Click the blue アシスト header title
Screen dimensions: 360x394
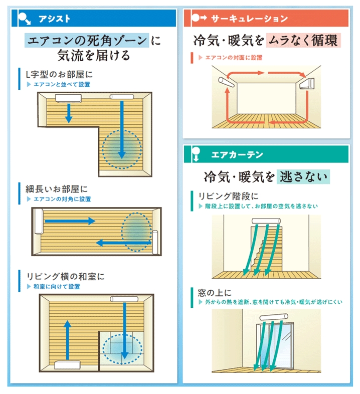pos(54,19)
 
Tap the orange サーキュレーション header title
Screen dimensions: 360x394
pos(249,19)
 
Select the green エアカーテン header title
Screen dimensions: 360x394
pos(237,154)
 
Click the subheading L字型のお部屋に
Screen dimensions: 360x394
pos(59,74)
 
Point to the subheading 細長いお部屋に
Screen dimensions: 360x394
pos(57,189)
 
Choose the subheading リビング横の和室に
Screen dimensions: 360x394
pos(65,276)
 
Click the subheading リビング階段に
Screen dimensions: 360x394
pos(228,196)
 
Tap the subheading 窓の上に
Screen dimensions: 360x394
pos(215,292)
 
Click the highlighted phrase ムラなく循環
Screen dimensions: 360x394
pos(303,41)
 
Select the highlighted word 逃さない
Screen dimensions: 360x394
pos(303,176)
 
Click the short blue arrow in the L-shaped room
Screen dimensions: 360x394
pos(68,113)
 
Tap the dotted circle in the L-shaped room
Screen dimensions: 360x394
pos(122,149)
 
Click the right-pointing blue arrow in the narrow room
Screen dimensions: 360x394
pos(70,221)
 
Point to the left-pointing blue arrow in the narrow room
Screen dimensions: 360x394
pos(123,243)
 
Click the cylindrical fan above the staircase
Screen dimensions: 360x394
pos(266,221)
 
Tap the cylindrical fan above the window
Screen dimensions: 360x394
pos(274,317)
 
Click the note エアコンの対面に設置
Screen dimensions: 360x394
pos(234,58)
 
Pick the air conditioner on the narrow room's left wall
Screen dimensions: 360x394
pos(39,222)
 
